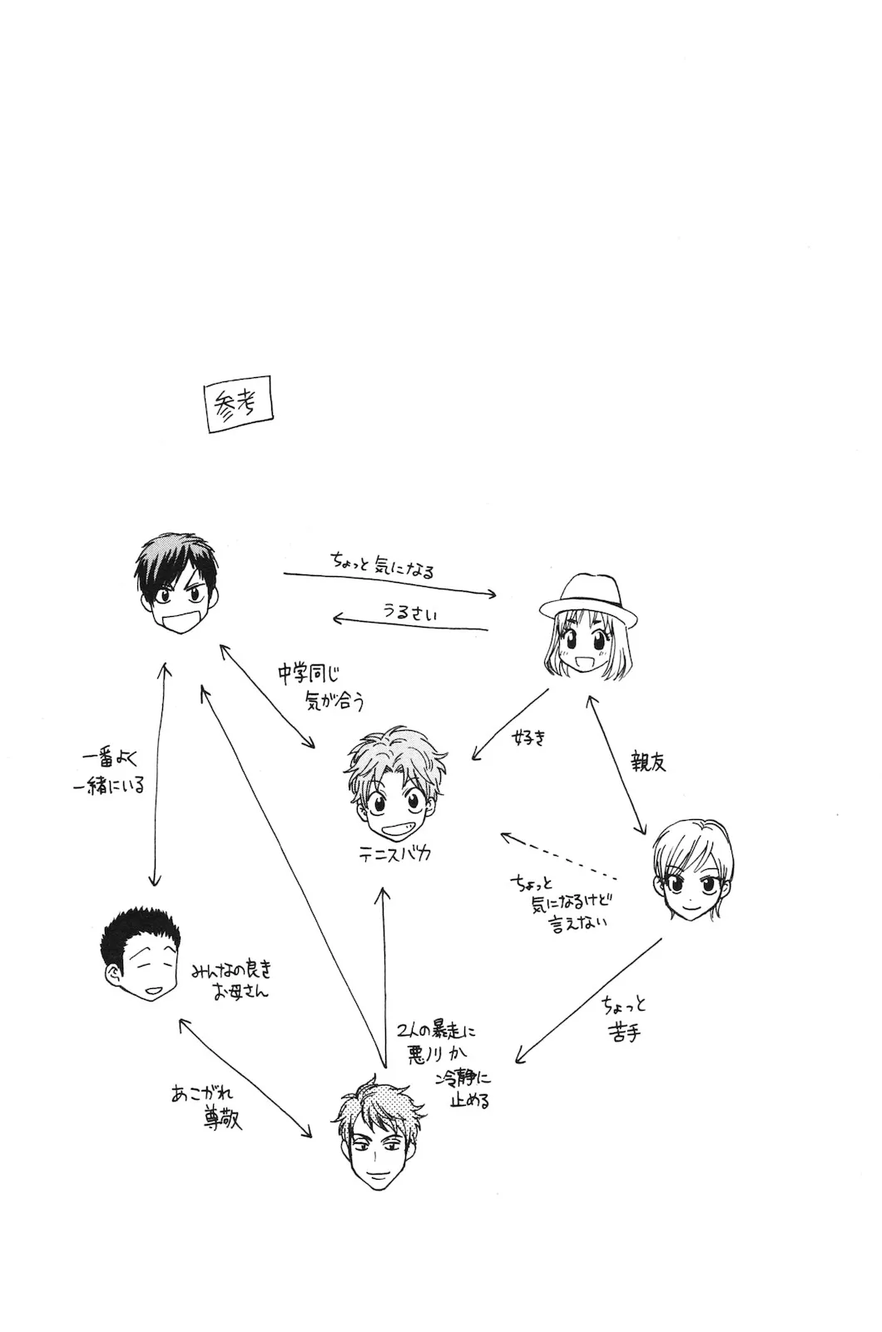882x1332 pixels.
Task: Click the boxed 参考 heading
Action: point(239,405)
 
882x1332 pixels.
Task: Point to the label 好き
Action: point(530,737)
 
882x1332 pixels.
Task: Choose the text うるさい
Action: point(409,612)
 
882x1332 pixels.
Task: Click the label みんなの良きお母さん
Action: point(231,981)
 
